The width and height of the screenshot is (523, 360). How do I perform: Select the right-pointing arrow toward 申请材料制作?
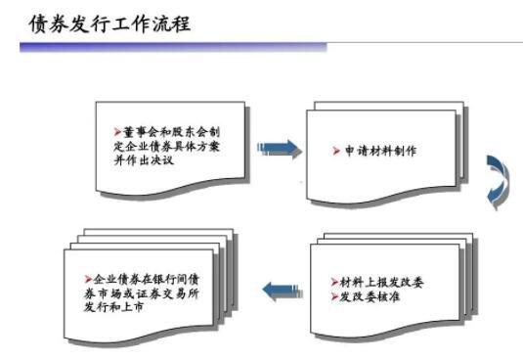(x=279, y=148)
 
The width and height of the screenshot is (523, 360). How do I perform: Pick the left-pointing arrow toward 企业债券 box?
(x=279, y=288)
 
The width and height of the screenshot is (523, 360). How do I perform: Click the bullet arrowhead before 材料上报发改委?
(x=333, y=282)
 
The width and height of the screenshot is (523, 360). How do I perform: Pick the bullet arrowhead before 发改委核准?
(x=333, y=295)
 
